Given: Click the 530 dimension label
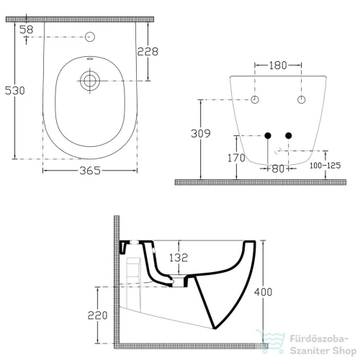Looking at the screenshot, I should (x=15, y=90).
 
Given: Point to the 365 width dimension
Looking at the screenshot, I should (x=90, y=171).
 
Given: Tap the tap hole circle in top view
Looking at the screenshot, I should (x=90, y=36).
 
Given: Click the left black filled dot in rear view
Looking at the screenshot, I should (x=267, y=135).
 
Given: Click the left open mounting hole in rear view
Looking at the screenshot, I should (x=255, y=99).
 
